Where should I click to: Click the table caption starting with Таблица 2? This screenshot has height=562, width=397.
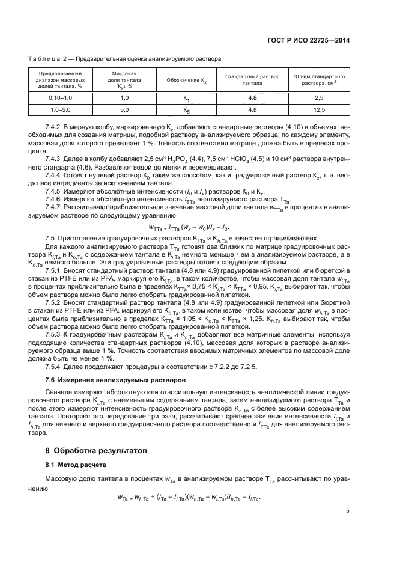(x=125, y=59)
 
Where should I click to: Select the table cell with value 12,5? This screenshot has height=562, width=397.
(x=319, y=110)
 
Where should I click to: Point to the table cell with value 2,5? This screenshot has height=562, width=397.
(x=319, y=97)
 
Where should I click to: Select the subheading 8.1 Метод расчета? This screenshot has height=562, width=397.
(x=78, y=465)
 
